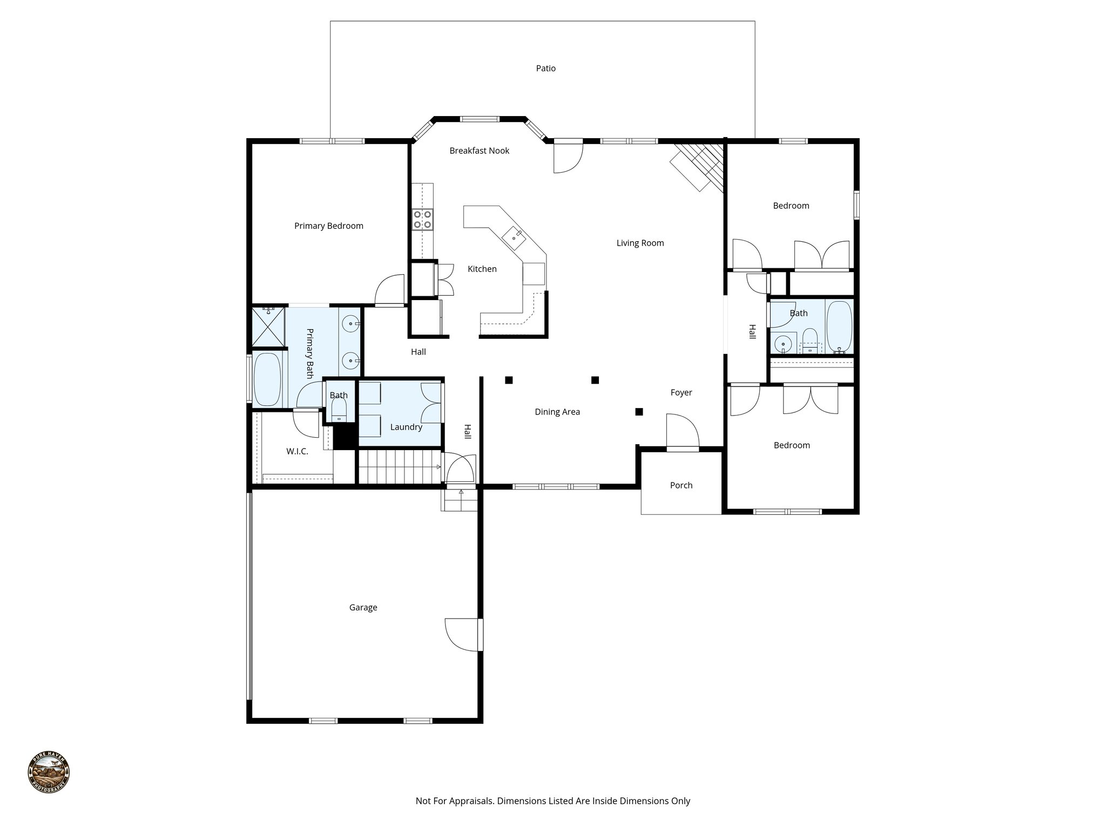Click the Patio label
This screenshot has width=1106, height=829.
click(545, 69)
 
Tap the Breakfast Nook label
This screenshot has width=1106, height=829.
click(479, 151)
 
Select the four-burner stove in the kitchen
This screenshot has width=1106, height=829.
click(422, 219)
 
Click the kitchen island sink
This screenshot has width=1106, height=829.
click(512, 236)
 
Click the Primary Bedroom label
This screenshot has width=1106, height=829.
click(328, 226)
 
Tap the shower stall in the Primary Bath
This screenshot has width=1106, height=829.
click(268, 327)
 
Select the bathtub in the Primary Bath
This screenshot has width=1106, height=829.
click(267, 379)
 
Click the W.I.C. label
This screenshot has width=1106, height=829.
click(297, 452)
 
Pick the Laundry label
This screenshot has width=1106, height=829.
click(406, 427)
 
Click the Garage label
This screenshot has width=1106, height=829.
click(363, 608)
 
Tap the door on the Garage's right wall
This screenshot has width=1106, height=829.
click(462, 635)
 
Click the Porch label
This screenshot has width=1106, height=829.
click(681, 486)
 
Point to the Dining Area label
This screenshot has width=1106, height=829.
click(557, 412)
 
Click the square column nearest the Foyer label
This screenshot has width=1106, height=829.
click(639, 412)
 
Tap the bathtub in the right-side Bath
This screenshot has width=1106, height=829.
click(839, 327)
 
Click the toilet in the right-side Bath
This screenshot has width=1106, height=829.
click(810, 341)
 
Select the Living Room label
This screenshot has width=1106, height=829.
click(640, 243)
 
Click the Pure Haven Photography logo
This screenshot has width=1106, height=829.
click(49, 772)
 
